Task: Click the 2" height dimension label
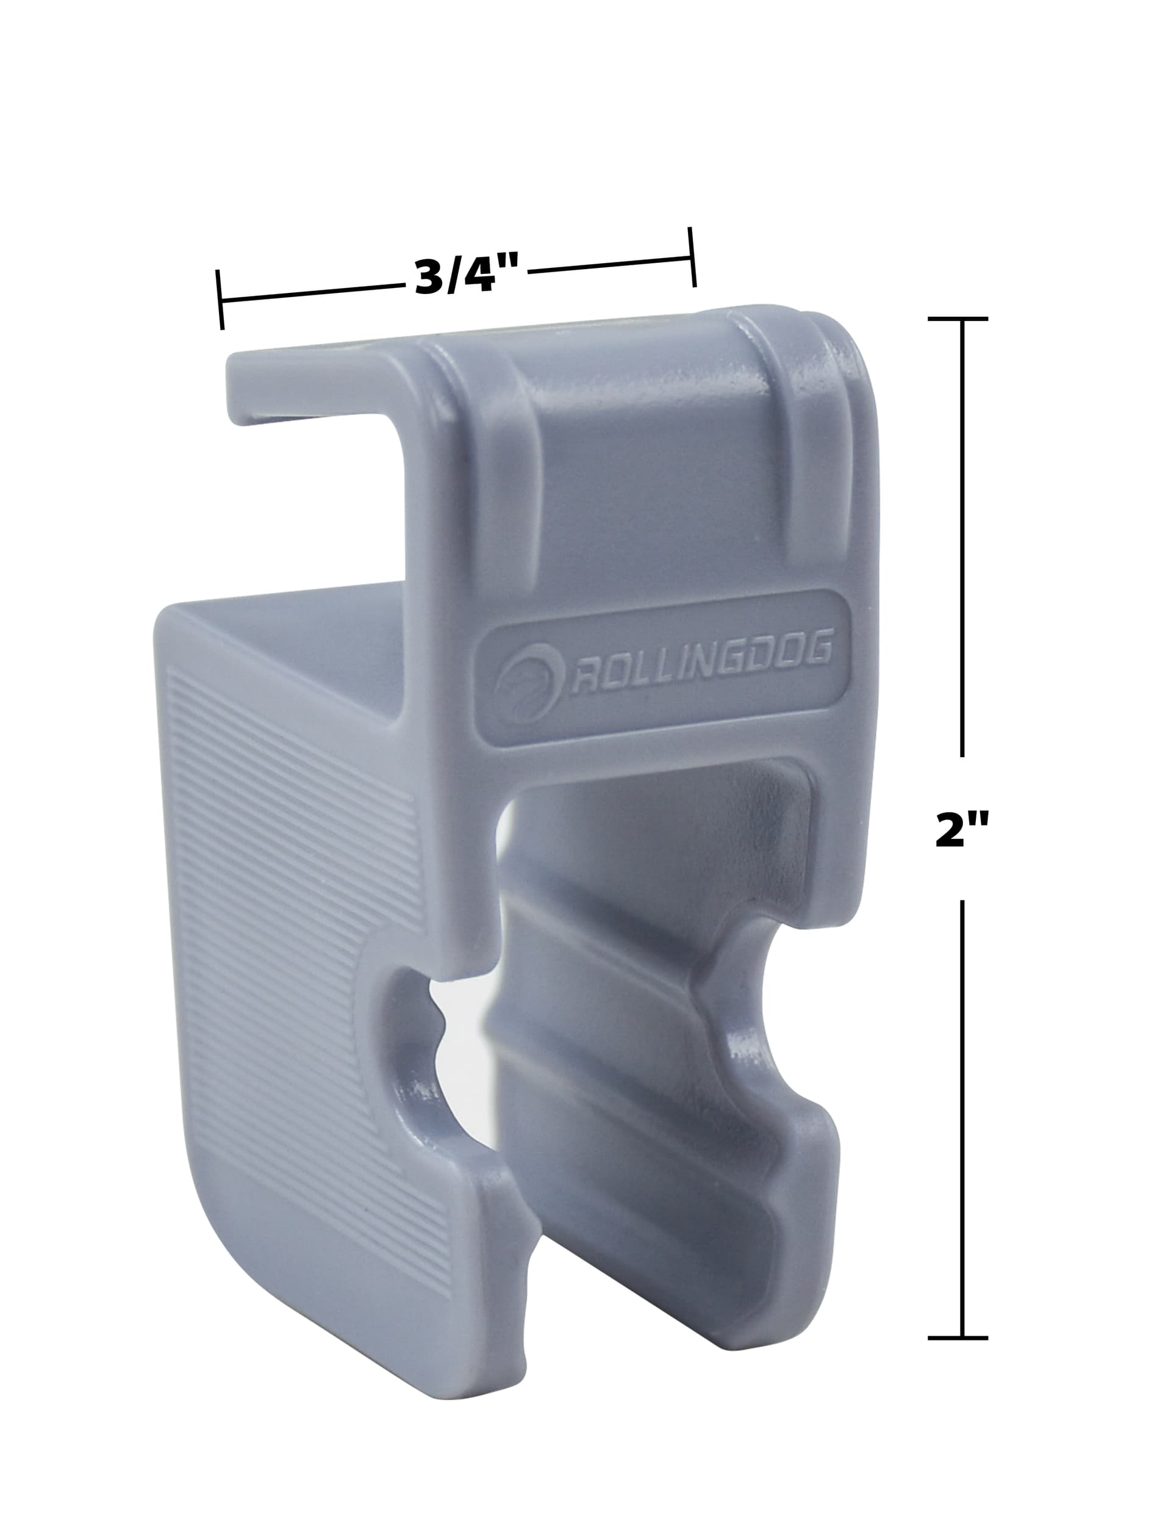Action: pos(962,829)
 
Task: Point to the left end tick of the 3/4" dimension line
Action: pos(220,300)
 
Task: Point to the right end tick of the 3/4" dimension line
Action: pos(692,257)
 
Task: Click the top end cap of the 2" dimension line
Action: pos(958,319)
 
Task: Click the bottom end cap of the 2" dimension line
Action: pos(958,1338)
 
